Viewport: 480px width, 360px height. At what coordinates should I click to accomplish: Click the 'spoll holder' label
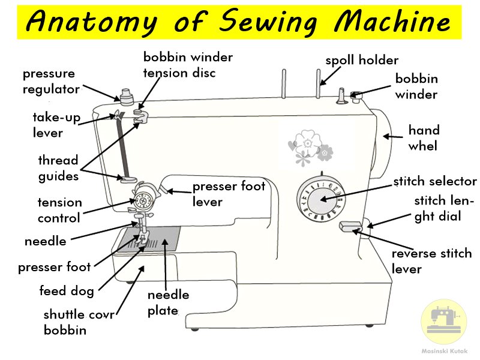(x=362, y=61)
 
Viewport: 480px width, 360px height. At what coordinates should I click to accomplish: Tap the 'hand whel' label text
(x=424, y=138)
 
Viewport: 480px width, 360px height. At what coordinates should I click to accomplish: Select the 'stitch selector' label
(x=435, y=182)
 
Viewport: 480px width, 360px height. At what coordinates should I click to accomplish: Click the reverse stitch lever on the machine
(x=350, y=226)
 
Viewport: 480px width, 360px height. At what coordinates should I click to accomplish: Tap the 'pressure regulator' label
(x=51, y=82)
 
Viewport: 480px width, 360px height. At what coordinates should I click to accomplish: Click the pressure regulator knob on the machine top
(x=125, y=95)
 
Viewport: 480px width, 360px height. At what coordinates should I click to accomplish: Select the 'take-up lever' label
(x=56, y=125)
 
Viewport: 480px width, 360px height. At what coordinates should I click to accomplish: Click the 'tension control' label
(x=59, y=210)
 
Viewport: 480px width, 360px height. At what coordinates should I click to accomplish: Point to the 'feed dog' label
(x=67, y=291)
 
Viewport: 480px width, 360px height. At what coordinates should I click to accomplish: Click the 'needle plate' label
(x=168, y=302)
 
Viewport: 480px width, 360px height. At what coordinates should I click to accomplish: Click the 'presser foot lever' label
(x=229, y=194)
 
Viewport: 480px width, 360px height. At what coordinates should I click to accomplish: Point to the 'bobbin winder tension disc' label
(x=187, y=65)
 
